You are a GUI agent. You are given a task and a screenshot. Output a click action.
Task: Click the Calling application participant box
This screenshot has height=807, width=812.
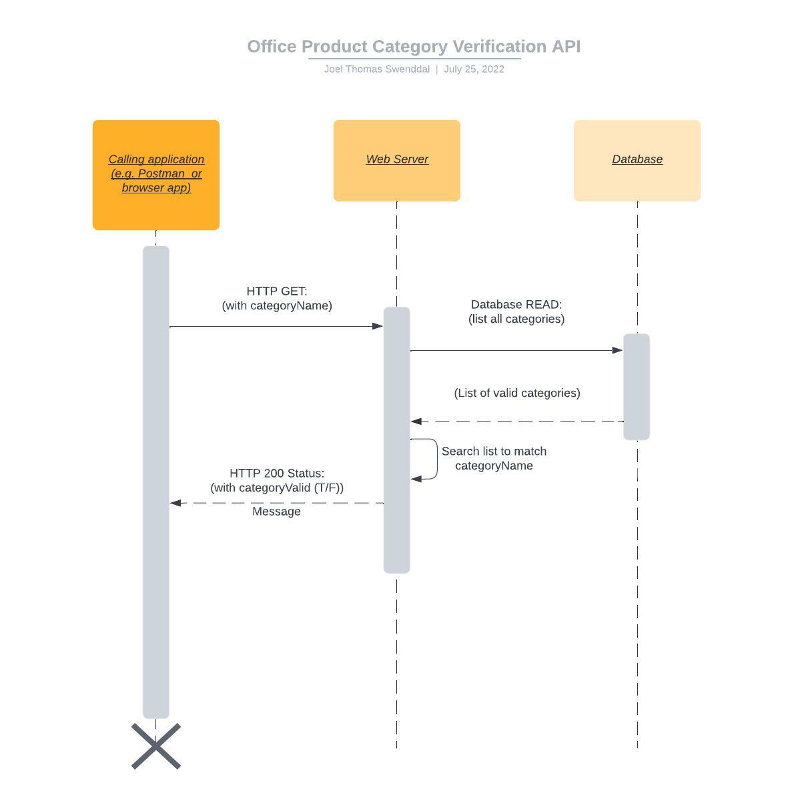[x=155, y=175]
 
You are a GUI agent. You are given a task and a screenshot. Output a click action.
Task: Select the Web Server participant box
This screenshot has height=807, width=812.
[x=396, y=160]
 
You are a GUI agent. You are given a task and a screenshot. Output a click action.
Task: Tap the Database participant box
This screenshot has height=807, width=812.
[x=637, y=160]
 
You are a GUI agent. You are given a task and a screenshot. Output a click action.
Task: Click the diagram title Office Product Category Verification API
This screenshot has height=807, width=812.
[x=414, y=47]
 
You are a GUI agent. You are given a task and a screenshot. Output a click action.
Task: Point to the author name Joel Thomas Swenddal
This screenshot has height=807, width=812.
[x=376, y=69]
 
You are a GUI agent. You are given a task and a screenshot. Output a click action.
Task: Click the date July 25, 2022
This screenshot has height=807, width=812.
[x=474, y=69]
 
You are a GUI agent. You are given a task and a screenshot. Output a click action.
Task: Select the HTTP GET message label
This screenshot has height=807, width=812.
[x=277, y=298]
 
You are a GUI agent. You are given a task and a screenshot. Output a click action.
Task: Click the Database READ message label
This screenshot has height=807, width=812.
[x=516, y=311]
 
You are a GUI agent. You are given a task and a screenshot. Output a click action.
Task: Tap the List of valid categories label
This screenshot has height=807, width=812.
[x=516, y=393]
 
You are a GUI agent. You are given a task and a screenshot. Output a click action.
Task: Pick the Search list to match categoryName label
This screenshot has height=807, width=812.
[x=494, y=458]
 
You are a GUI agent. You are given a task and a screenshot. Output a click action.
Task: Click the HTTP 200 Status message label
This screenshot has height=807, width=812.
[x=277, y=480]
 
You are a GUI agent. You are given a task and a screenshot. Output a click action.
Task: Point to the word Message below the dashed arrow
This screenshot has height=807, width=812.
[x=276, y=512]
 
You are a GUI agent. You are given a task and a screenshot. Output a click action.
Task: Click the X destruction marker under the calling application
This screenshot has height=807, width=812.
[x=156, y=746]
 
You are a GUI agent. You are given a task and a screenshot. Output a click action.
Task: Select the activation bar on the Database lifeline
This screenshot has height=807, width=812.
[x=637, y=387]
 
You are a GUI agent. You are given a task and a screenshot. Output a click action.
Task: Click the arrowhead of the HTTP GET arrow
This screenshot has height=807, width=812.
[x=378, y=326]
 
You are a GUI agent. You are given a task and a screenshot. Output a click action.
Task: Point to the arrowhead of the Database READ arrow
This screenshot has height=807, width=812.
[x=617, y=350]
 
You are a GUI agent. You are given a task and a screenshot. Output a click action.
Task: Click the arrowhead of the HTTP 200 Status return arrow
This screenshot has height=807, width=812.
[x=176, y=503]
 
